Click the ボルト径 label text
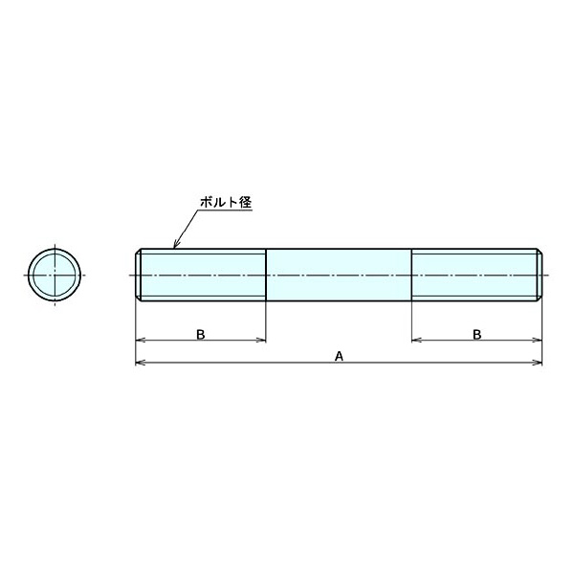point(226,203)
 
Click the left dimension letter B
point(200,334)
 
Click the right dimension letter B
point(477,334)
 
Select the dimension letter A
point(339,356)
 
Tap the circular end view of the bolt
point(55,275)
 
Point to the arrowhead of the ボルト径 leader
point(175,245)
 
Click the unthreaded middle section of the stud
point(339,275)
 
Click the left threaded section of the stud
point(203,275)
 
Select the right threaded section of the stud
point(475,275)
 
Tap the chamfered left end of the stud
point(139,275)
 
